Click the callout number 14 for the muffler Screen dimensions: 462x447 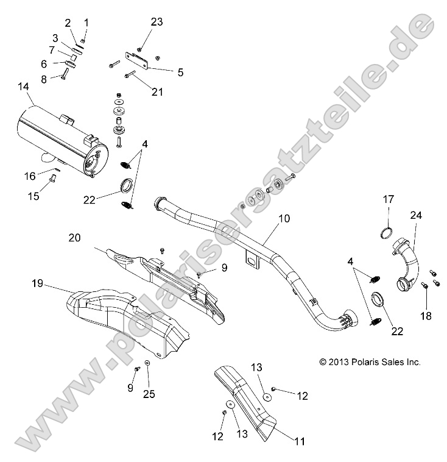(23, 87)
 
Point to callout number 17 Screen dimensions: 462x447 (388, 199)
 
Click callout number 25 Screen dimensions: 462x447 (149, 394)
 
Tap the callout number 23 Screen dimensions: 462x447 (157, 22)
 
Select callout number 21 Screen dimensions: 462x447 (158, 91)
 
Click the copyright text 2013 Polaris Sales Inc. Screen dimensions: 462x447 (370, 362)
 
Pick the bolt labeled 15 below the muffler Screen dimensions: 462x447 (52, 178)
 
